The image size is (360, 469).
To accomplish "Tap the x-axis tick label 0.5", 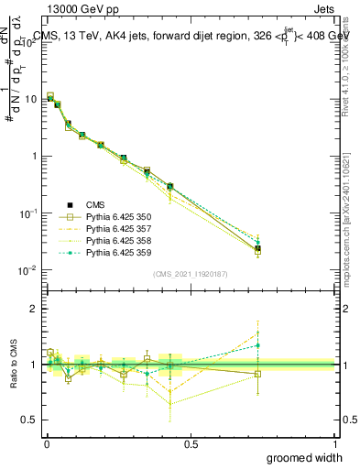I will (191, 442).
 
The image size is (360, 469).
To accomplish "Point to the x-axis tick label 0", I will (47, 442).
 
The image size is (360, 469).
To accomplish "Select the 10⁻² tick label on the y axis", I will (28, 270).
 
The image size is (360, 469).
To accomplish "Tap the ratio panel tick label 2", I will (34, 309).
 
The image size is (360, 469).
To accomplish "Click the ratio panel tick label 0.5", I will (30, 420).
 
